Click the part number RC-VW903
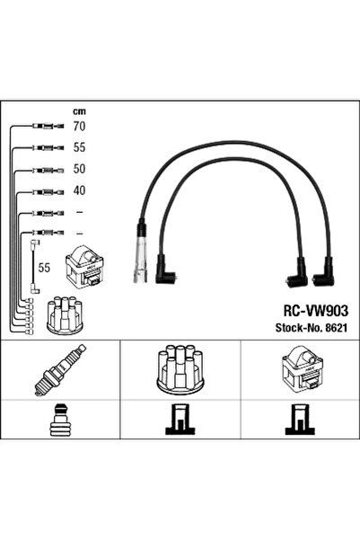click(316, 311)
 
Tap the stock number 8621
click(336, 328)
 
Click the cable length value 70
click(79, 127)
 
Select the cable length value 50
click(79, 169)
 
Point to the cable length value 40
click(79, 190)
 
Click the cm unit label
click(79, 111)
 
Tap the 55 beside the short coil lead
click(44, 268)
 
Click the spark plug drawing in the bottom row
click(60, 369)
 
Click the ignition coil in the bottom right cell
click(303, 369)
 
